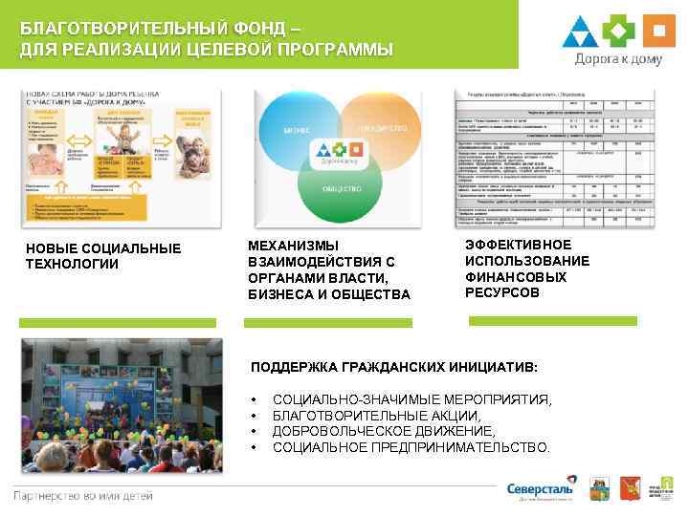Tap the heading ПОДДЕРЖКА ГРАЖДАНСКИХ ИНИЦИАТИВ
click(394, 367)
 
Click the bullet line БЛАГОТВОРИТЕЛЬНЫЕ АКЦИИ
click(377, 417)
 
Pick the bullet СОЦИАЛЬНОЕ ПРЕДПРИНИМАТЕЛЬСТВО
click(411, 447)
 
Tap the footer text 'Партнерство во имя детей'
click(82, 495)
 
